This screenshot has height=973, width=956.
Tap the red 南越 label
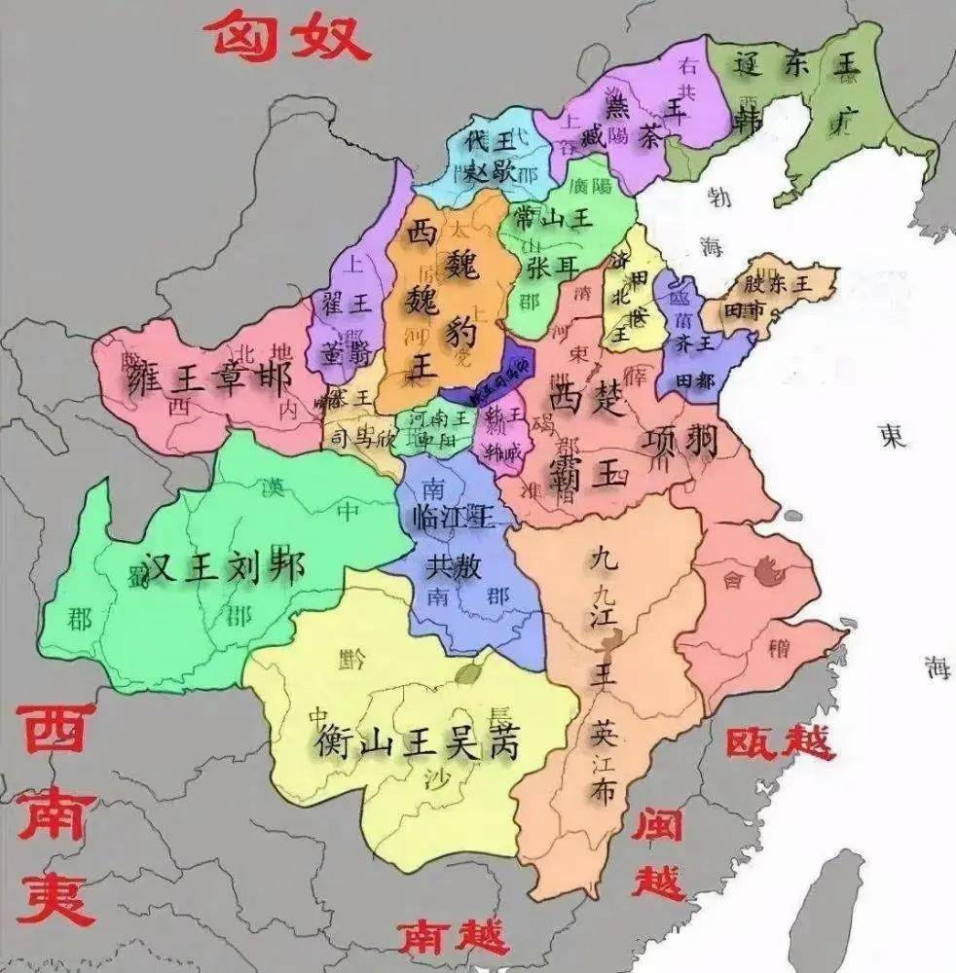tap(453, 937)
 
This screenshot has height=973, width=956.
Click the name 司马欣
tap(360, 439)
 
